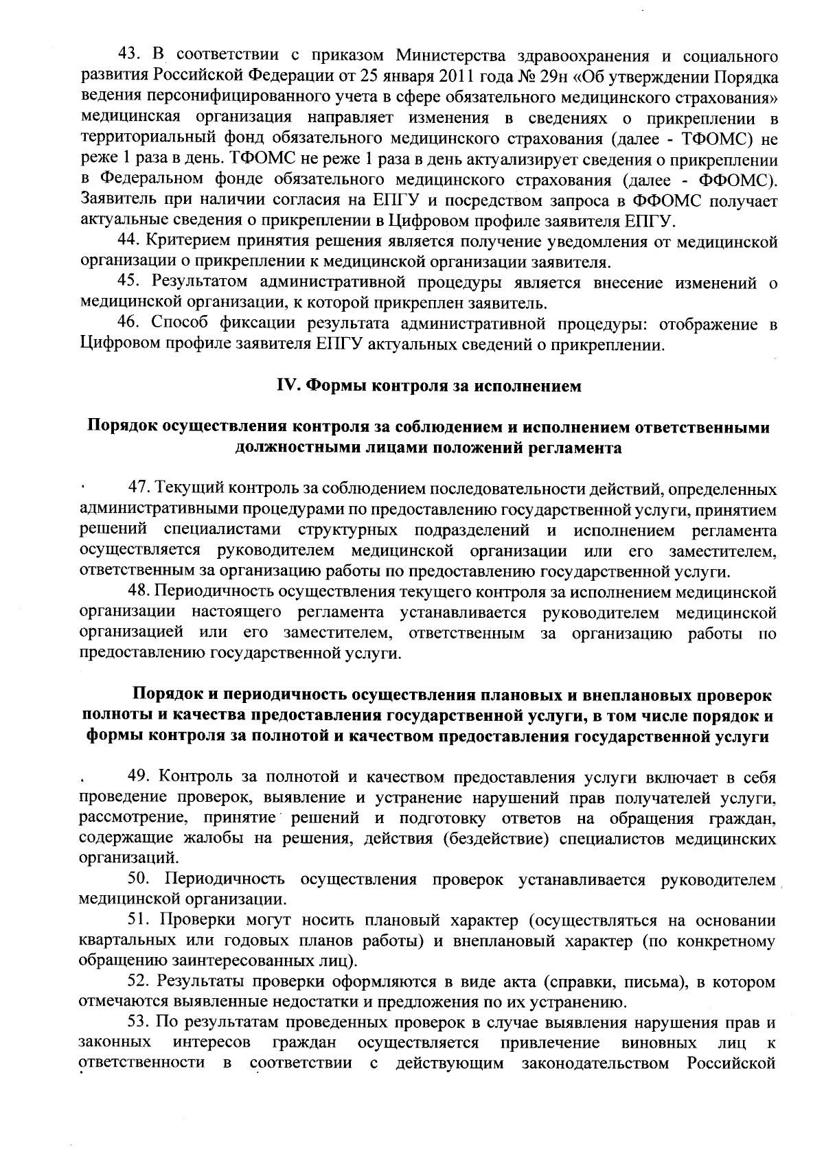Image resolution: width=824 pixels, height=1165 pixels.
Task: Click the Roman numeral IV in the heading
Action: pos(286,387)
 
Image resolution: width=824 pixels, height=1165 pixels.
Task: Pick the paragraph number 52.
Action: pos(141,982)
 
